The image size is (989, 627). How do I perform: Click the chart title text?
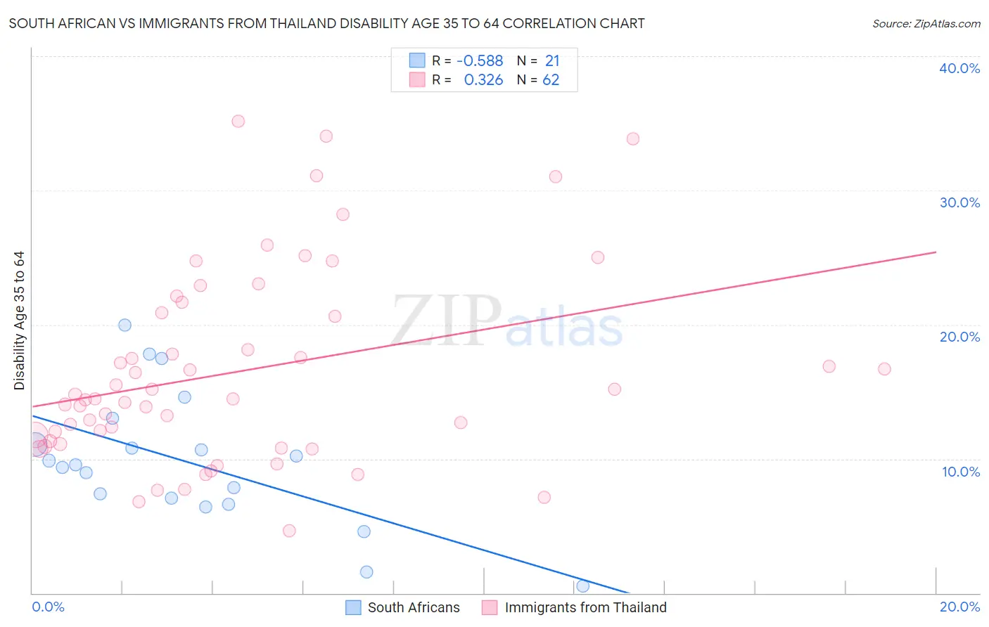click(326, 23)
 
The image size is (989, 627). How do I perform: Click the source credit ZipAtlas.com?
click(926, 23)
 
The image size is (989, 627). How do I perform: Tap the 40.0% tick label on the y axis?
click(959, 68)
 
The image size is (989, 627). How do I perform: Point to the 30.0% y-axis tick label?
click(959, 202)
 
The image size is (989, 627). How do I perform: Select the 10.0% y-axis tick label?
click(961, 472)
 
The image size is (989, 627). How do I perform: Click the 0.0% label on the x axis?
click(48, 607)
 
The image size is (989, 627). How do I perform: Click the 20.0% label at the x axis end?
click(959, 607)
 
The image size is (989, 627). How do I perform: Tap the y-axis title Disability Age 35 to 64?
click(19, 321)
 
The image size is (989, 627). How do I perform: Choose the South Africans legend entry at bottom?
click(403, 607)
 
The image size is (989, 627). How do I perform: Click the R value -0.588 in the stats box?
click(480, 61)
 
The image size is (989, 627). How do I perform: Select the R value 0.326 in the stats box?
click(483, 80)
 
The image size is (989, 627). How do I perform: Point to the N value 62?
click(551, 80)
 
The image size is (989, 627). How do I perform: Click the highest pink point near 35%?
click(238, 121)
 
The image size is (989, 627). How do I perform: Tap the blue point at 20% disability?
click(125, 325)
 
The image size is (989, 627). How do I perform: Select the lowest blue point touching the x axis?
click(582, 586)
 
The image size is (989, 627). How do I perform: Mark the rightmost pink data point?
click(884, 369)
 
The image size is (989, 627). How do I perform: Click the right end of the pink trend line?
click(936, 252)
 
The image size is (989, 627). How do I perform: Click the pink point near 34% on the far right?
click(633, 138)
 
